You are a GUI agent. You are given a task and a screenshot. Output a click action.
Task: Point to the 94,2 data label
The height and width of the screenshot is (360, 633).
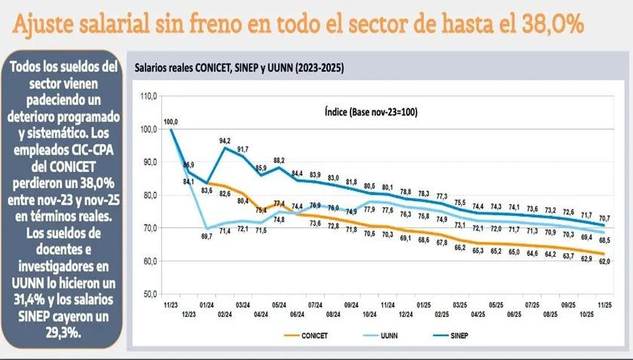225,140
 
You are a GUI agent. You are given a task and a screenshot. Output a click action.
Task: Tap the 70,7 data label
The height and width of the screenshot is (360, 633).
605,218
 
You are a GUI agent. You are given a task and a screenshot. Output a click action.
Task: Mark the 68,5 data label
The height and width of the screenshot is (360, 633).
605,239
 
